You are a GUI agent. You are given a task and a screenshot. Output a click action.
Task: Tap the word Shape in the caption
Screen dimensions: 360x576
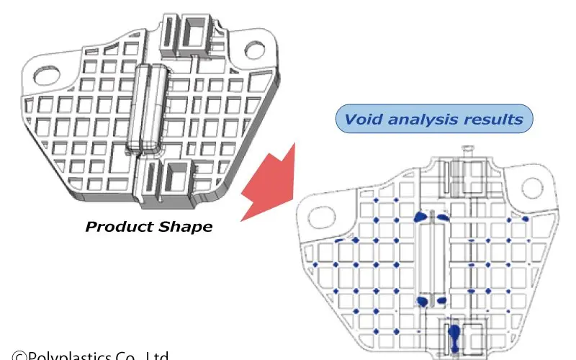coord(186,227)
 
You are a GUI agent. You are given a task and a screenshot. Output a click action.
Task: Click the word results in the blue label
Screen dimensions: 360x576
coord(495,120)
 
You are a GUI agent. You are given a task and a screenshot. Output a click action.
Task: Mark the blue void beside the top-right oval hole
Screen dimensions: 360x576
coord(525,217)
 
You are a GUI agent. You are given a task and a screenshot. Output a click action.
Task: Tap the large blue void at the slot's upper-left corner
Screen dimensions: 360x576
coord(419,216)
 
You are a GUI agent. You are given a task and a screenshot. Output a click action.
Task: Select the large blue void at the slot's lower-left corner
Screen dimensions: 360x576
coord(423,300)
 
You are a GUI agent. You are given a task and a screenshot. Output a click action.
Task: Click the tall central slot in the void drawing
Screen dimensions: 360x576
coord(435,259)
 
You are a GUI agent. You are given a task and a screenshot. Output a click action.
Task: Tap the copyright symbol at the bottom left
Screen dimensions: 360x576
coord(19,356)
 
